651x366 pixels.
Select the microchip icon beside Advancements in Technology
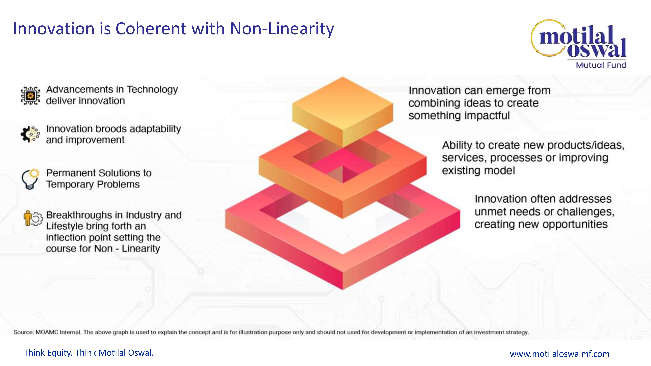30,95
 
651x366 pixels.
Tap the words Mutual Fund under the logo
601,65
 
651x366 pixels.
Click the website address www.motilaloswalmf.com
560,354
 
